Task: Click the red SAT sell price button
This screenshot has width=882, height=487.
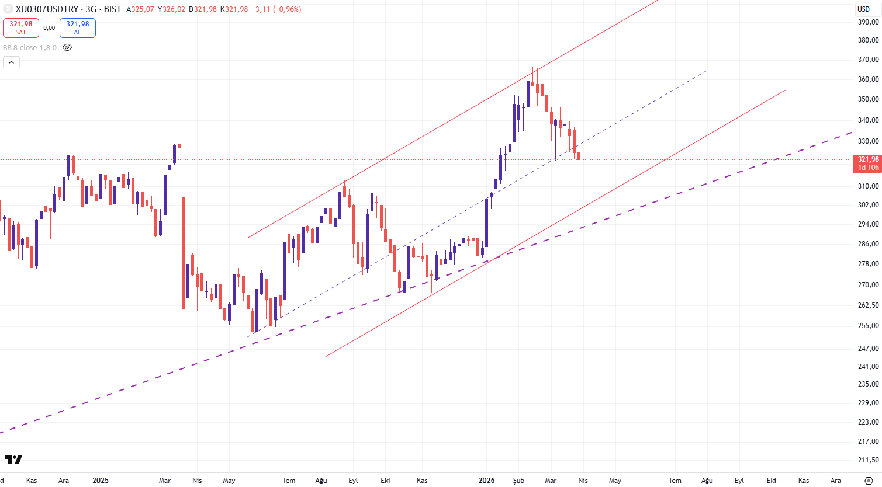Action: [21, 27]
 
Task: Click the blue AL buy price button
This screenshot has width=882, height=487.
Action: [77, 27]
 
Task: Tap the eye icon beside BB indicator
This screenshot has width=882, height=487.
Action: [67, 47]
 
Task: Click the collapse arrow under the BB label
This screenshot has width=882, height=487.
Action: [11, 62]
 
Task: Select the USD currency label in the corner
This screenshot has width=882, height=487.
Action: [864, 9]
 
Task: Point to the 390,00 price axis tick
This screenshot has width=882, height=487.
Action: [868, 22]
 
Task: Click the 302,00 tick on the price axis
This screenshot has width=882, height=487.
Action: [868, 205]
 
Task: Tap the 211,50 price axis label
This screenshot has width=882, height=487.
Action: [868, 461]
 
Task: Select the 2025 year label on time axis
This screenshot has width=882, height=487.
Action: [101, 481]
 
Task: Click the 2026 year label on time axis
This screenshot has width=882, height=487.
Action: [486, 481]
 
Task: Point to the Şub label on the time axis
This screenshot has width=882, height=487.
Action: [518, 481]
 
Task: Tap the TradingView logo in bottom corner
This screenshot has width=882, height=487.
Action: [13, 460]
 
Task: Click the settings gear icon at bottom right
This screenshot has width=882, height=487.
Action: [869, 481]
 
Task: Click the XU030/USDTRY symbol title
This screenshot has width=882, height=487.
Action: [47, 9]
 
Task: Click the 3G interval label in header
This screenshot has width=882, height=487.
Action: [91, 9]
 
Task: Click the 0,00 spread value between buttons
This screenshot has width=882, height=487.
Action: [49, 27]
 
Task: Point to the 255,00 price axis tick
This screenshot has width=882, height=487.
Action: [868, 326]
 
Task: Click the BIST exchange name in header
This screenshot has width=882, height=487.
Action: [113, 9]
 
